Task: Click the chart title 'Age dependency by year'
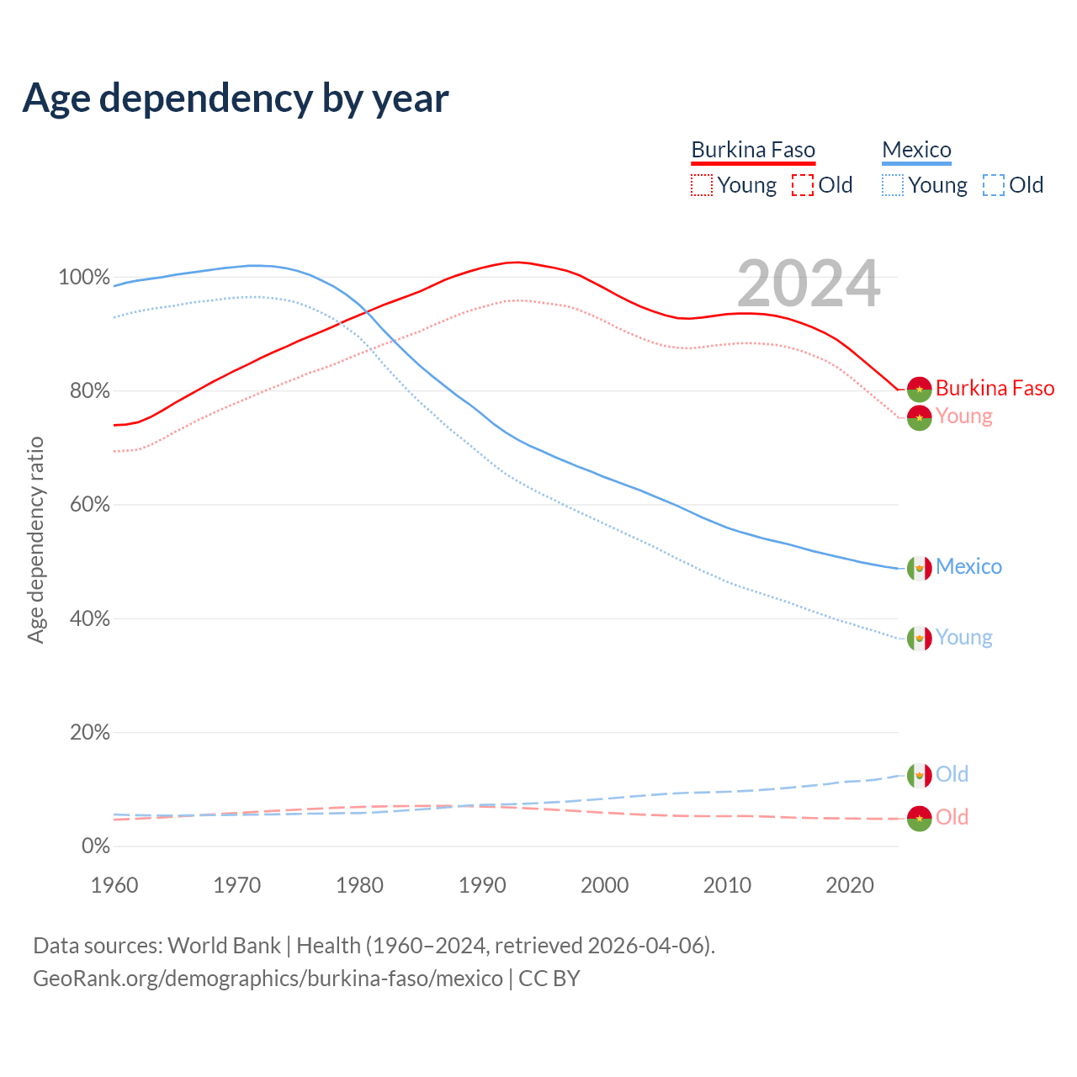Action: tap(236, 98)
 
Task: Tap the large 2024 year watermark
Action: tap(809, 284)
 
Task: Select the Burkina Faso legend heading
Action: tap(753, 150)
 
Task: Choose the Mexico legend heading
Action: tap(916, 150)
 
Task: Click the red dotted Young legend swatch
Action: tap(702, 185)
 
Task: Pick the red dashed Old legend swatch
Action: tap(803, 185)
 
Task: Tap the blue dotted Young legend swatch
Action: tap(893, 185)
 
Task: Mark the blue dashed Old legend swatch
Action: tap(994, 185)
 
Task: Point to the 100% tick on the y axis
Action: tap(84, 277)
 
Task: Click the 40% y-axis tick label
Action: tap(89, 618)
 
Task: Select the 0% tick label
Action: tap(95, 846)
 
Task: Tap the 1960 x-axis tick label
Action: tap(114, 885)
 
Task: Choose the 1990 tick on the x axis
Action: tap(482, 885)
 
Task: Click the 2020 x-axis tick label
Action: tap(850, 885)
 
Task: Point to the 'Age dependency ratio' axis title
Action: tap(35, 539)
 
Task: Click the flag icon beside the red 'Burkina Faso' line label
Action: tap(920, 389)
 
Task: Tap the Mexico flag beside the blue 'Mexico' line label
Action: tap(920, 568)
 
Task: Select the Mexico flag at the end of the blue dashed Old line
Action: tap(920, 775)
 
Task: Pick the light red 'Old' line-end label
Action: tap(952, 817)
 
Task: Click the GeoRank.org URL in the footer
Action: tap(268, 979)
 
